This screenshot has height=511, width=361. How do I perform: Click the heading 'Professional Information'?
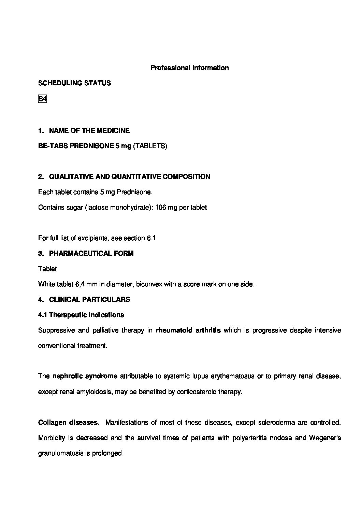pyautogui.click(x=189, y=68)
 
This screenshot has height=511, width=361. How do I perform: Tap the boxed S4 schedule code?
pyautogui.click(x=42, y=99)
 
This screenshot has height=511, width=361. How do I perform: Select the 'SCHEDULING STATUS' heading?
pyautogui.click(x=74, y=83)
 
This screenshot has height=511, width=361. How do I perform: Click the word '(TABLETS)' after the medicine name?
pyautogui.click(x=150, y=146)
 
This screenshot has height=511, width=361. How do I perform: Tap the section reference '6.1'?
pyautogui.click(x=151, y=238)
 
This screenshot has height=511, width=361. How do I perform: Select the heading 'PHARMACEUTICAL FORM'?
pyautogui.click(x=91, y=253)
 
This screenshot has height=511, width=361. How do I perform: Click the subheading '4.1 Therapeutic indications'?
pyautogui.click(x=81, y=315)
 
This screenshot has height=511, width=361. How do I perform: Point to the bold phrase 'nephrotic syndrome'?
pyautogui.click(x=85, y=376)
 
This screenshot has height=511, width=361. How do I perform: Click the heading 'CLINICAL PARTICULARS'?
pyautogui.click(x=89, y=299)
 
